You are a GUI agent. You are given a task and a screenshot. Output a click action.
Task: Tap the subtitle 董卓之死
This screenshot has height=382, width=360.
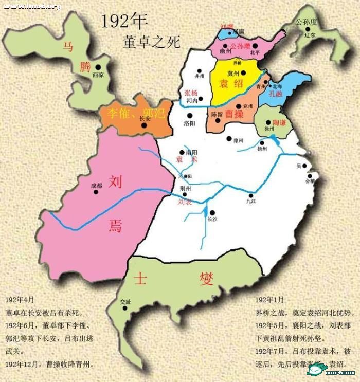pos(152,41)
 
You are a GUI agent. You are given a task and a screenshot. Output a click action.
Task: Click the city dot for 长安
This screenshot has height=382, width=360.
pos(148,125)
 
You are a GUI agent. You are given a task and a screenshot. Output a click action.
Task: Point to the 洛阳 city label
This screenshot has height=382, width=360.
pos(189,123)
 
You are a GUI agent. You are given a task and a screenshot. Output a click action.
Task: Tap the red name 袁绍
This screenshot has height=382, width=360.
pos(231,84)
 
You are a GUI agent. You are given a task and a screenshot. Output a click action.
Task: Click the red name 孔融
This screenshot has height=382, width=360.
pos(275,94)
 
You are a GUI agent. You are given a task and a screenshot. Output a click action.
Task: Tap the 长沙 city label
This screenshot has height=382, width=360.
pos(212,219)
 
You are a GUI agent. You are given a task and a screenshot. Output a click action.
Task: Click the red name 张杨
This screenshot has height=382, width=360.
pos(190,93)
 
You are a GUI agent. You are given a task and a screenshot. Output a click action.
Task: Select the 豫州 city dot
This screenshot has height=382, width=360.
pos(229,138)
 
